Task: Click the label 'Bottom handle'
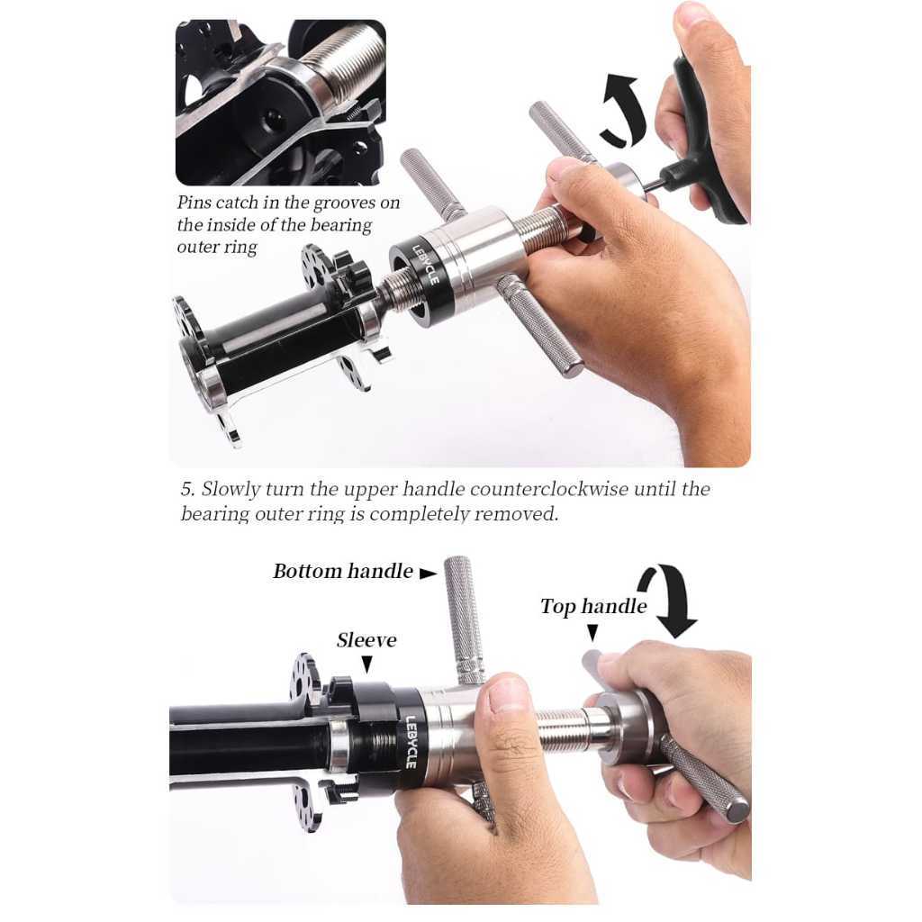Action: [x=343, y=572]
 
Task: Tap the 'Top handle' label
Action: [x=593, y=606]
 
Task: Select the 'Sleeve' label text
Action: [x=366, y=640]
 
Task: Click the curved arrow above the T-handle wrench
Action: [x=623, y=109]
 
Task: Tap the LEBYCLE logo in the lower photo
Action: [x=411, y=742]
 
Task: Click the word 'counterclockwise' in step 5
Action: [x=549, y=489]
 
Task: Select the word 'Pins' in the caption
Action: [x=194, y=203]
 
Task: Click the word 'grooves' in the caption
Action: [x=344, y=203]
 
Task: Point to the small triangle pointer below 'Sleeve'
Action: [x=367, y=664]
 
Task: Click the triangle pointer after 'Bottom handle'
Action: [x=428, y=573]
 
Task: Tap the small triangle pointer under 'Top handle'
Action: [x=592, y=633]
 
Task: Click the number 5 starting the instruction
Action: [x=187, y=489]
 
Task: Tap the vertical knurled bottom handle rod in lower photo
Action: [x=464, y=620]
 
